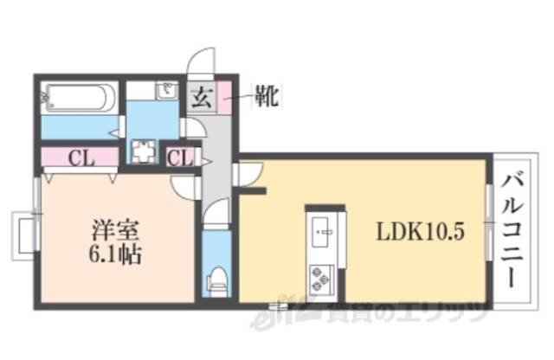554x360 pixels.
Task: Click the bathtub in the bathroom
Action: [x=79, y=98]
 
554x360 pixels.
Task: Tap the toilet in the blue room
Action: [x=216, y=279]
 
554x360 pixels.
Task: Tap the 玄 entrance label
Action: [x=201, y=97]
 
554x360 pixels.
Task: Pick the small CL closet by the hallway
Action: [x=180, y=158]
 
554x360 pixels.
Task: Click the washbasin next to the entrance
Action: [x=166, y=90]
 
